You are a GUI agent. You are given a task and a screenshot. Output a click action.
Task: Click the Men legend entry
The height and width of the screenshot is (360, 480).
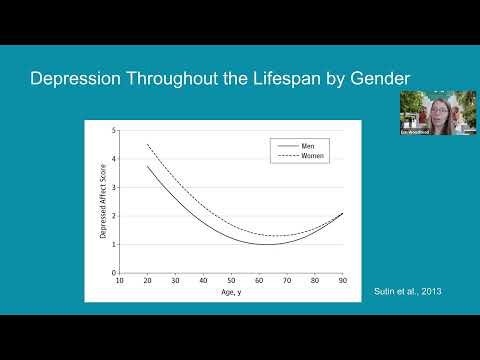coord(308,146)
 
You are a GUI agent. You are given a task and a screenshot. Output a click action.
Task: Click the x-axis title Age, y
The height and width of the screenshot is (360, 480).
coord(231,293)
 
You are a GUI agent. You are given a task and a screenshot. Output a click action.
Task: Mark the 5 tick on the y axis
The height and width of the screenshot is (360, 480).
coord(114,130)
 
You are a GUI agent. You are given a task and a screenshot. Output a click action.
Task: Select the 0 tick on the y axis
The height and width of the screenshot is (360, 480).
coord(114,272)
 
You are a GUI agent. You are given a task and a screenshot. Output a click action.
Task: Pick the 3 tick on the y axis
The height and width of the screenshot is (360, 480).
coord(114,187)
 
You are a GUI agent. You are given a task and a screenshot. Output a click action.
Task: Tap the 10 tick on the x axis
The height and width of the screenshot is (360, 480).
coord(120,280)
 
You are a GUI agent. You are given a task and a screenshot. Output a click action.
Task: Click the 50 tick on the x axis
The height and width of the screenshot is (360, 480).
coord(231,280)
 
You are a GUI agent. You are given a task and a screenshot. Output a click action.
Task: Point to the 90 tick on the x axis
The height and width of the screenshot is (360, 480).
coord(342,280)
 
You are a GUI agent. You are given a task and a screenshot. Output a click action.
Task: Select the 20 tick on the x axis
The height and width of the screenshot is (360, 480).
coord(148,280)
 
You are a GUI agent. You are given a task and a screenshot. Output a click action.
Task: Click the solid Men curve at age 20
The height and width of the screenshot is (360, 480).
coord(148,166)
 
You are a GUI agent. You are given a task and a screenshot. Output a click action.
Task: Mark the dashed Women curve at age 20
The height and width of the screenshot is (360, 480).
coord(148,145)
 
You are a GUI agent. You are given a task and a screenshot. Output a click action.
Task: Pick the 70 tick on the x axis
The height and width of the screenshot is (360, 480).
coord(287,280)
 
